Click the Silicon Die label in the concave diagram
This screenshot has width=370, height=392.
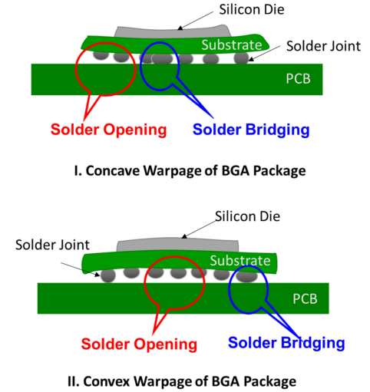252,10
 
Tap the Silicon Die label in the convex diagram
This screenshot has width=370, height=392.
247,216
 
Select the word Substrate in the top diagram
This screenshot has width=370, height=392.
232,45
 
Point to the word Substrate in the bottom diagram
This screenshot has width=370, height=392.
240,261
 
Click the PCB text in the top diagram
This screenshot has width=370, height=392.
298,79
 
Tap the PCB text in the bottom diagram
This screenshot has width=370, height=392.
305,298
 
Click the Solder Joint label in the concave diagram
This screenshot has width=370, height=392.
323,46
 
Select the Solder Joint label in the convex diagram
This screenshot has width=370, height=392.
52,245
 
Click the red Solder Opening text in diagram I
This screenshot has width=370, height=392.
108,130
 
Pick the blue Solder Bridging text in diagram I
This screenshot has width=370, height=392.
251,130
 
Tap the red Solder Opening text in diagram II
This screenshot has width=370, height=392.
139,344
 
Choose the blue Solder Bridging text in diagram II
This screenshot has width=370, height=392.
286,343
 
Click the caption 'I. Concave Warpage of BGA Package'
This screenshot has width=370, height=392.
190,170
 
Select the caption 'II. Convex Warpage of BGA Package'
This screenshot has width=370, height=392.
182,381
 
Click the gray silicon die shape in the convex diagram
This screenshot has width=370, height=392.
178,245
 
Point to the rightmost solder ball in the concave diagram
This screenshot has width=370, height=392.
241,58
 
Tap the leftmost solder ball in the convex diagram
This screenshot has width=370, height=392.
107,275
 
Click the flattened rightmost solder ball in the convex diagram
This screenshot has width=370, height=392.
246,276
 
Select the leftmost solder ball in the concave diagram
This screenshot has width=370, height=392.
101,54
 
